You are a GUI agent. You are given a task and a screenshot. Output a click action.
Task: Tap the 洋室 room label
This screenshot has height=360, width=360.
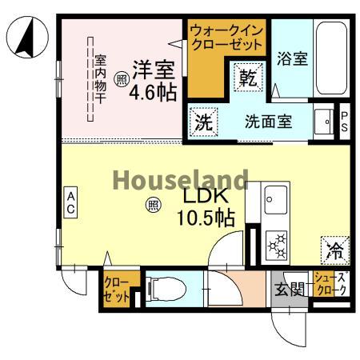152,70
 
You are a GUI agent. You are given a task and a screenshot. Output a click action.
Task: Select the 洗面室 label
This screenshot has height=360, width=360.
267,122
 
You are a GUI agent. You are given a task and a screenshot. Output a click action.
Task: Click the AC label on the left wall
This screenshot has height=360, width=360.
70,203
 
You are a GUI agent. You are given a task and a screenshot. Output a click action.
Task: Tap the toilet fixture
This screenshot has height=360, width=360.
164,286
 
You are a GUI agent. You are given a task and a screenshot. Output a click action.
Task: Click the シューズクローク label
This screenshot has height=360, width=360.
330,284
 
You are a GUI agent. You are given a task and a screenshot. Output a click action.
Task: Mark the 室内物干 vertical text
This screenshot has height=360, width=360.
101,80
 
